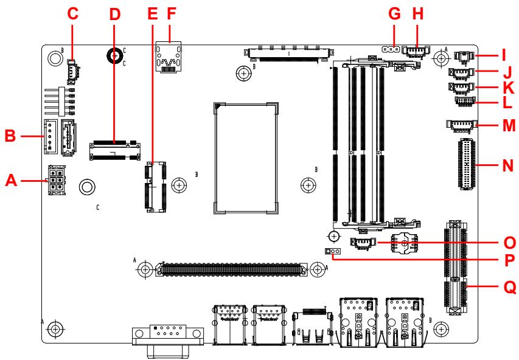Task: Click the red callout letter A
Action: (11, 181)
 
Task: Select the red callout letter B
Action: (10, 136)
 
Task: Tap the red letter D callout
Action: (114, 14)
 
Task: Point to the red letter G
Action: (394, 14)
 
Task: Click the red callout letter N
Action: (508, 165)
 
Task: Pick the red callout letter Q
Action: (510, 286)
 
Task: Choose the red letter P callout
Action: (509, 260)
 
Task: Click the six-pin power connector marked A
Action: (57, 180)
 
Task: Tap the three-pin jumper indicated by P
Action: (333, 251)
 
